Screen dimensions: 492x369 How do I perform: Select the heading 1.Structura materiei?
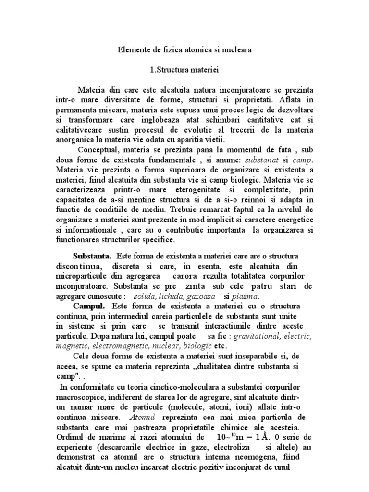tap(184, 71)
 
